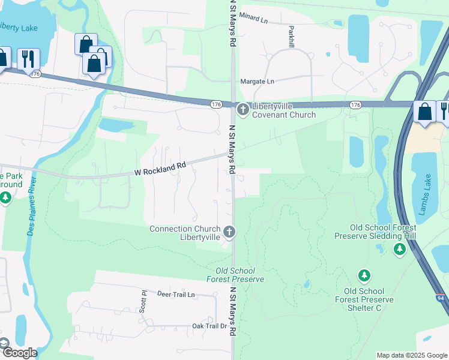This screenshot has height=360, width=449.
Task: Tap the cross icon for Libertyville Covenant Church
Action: click(243, 109)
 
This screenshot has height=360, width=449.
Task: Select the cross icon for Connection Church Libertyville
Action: click(229, 232)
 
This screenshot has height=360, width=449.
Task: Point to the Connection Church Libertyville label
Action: click(185, 233)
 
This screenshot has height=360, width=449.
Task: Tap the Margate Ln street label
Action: click(256, 81)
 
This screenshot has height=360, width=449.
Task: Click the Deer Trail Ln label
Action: click(176, 295)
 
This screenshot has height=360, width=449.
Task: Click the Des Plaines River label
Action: click(34, 206)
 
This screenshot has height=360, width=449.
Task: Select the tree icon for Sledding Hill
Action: click(399, 248)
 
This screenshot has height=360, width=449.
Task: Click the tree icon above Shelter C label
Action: click(364, 275)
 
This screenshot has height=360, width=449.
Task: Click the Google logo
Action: click(19, 353)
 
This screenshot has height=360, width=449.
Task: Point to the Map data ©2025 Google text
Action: click(412, 355)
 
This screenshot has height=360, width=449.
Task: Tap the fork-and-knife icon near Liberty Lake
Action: click(28, 59)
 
